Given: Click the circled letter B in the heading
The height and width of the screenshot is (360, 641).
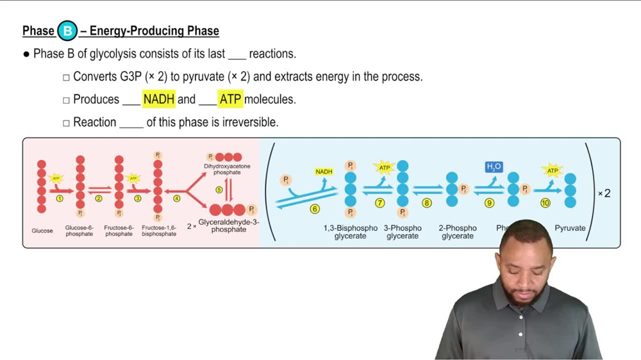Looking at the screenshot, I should point(67,31).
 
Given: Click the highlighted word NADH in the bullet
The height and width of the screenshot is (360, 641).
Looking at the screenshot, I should point(158,99).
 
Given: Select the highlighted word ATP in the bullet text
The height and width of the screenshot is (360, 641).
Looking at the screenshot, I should point(230,99).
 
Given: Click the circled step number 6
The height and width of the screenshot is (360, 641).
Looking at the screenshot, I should point(314,209).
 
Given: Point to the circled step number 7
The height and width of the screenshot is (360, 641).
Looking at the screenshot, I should point(379,203).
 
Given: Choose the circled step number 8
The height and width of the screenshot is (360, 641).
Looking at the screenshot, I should point(427,203).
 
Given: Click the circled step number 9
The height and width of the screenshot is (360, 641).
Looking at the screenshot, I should point(489,203).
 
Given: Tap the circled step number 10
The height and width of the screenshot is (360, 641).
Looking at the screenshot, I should point(545,203).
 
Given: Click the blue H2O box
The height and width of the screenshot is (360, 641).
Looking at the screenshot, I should point(494,167).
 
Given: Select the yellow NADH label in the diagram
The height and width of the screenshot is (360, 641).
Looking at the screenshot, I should point(324,172).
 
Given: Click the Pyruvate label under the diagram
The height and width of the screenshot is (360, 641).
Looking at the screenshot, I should point(570,228).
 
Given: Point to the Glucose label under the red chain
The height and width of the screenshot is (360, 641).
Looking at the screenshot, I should point(42,231).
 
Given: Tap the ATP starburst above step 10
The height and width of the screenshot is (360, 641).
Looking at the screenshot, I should point(552,171).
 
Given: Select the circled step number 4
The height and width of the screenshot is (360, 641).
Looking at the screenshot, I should point(177,199).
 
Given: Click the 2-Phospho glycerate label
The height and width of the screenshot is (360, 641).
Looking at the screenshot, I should point(458,232).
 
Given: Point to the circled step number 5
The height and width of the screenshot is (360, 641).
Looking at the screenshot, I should point(219,190).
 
